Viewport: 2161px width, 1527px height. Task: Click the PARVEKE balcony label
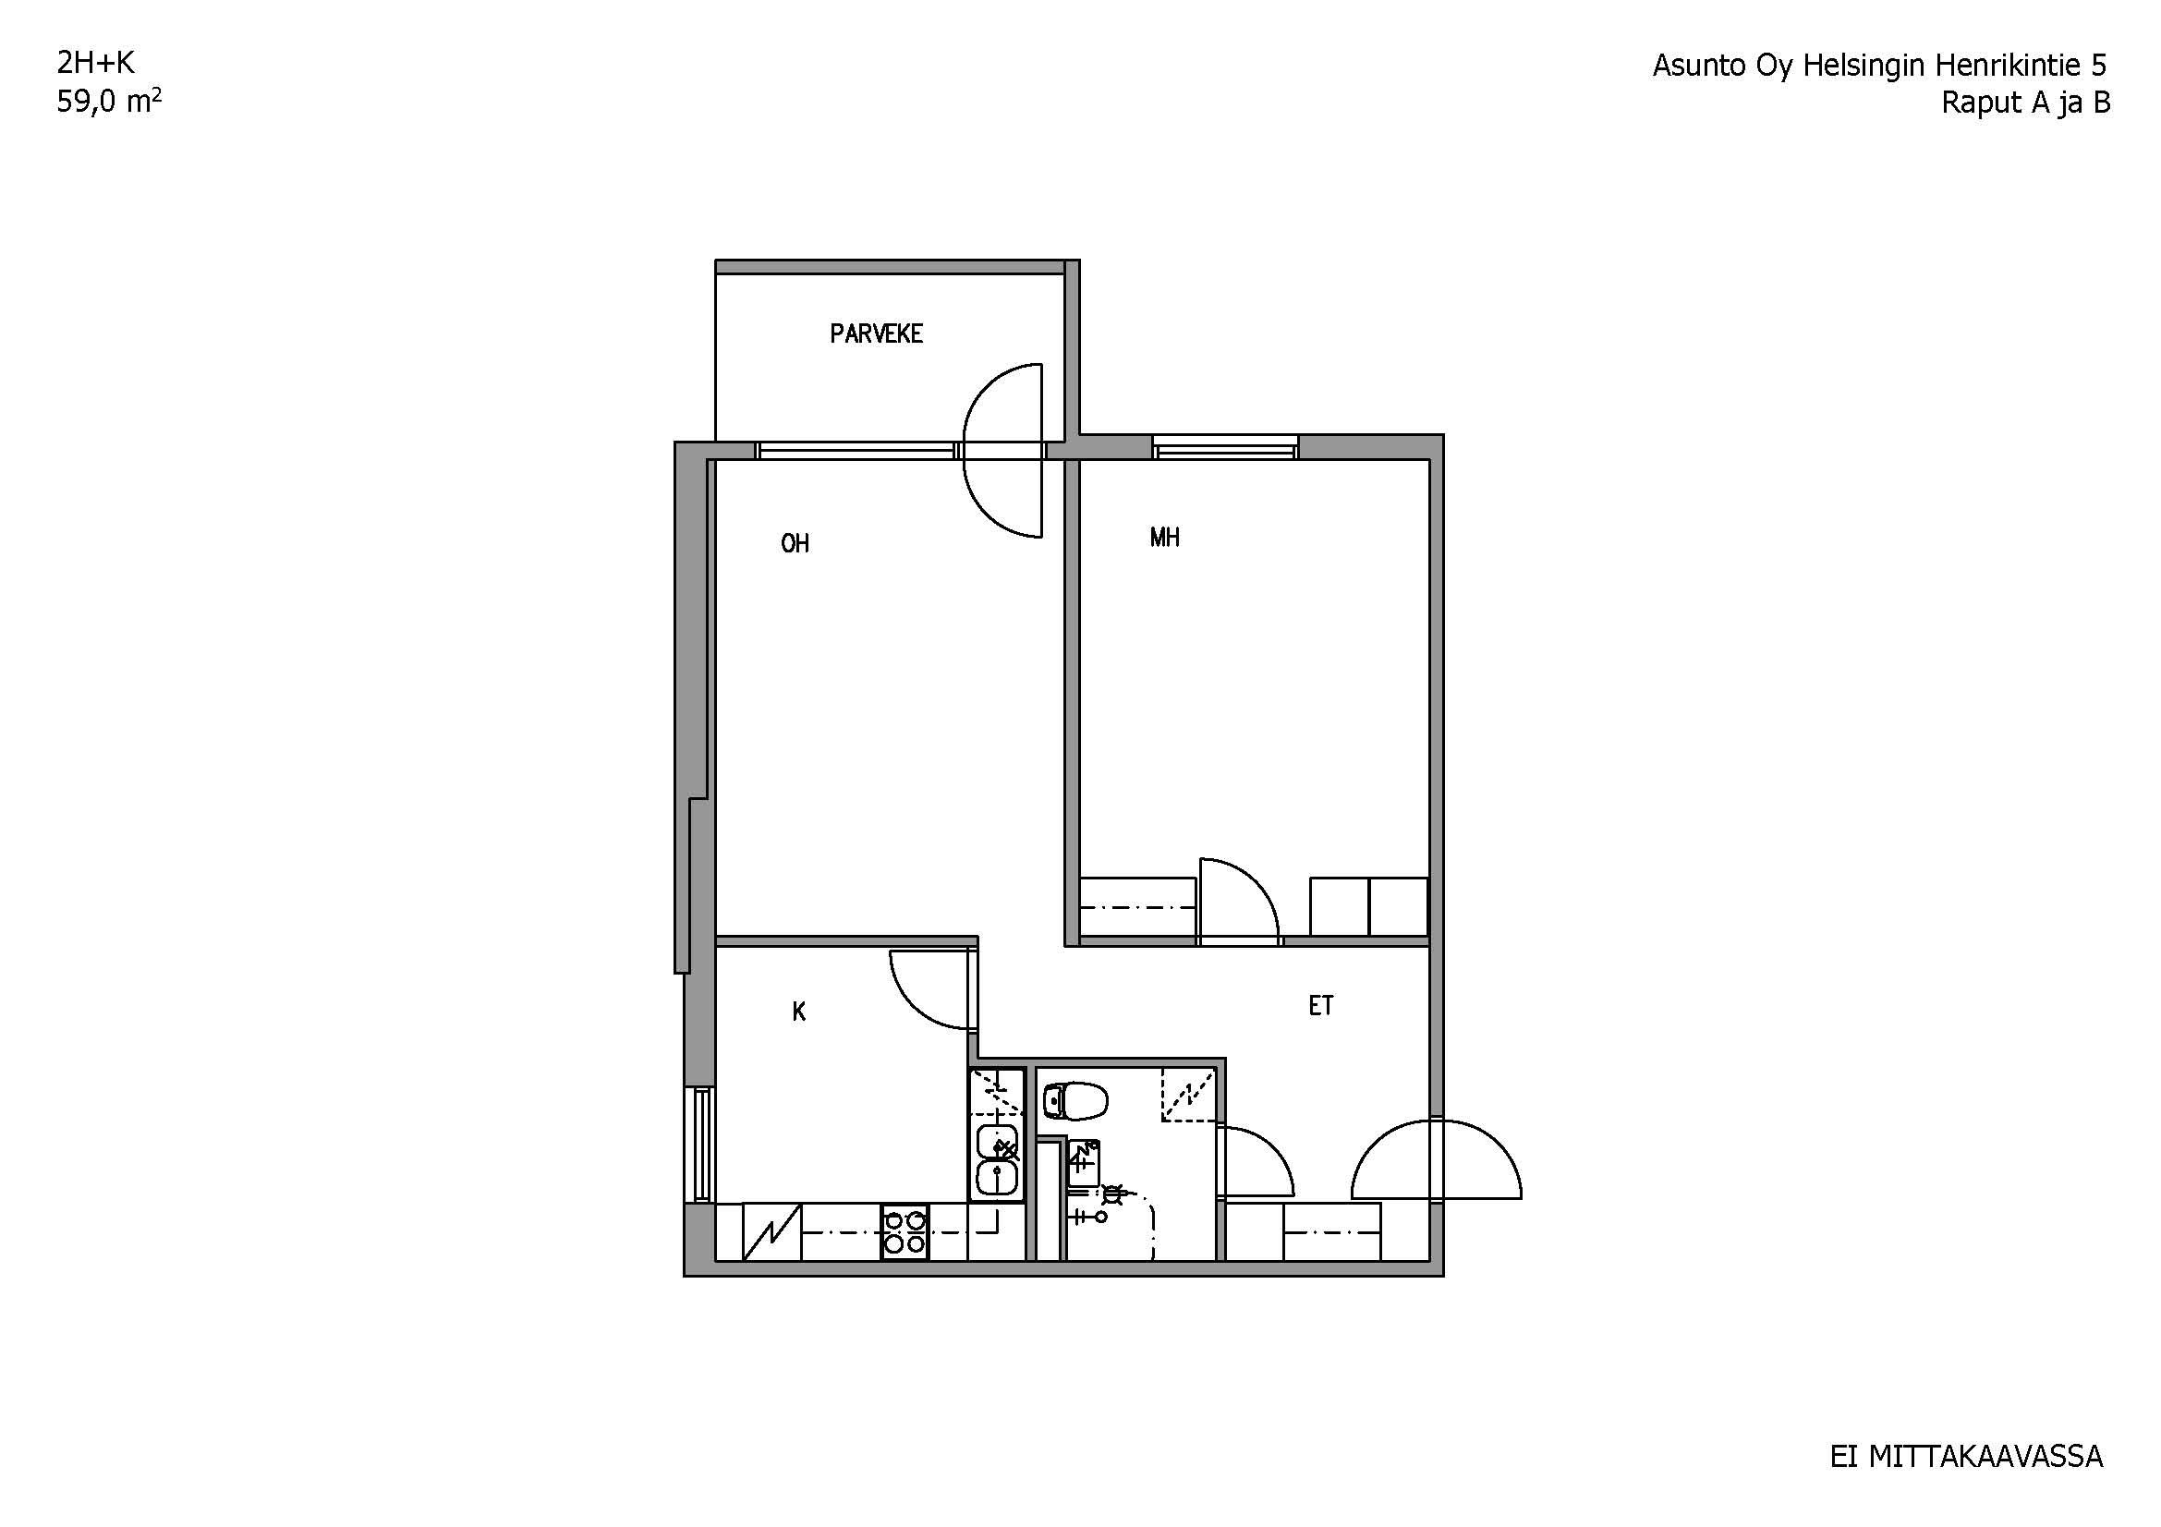[876, 333]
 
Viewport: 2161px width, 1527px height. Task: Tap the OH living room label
[795, 543]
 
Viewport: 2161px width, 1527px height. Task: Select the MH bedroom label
[1164, 538]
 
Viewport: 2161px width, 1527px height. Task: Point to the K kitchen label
[799, 1012]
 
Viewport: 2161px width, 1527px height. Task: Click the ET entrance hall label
[1320, 1006]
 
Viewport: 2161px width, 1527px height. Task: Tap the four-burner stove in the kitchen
[904, 1232]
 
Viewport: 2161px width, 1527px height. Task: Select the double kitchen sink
[997, 1161]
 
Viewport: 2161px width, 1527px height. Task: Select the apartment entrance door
[1437, 1158]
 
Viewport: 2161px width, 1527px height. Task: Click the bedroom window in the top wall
[1225, 449]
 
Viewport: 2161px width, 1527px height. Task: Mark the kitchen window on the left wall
[701, 1145]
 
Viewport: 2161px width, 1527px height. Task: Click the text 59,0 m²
[109, 101]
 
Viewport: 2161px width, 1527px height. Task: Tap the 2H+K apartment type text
[96, 63]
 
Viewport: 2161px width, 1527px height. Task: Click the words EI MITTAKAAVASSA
[1966, 1458]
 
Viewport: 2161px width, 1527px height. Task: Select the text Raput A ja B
[2025, 103]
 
